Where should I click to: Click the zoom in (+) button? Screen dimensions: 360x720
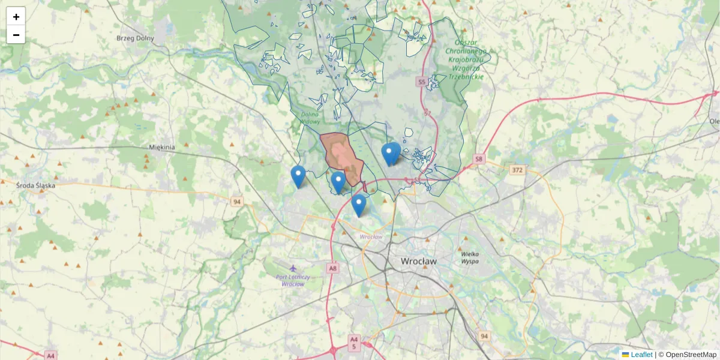coord(16,17)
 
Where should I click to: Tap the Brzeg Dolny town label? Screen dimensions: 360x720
coord(135,38)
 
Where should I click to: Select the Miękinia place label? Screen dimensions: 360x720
coord(161,147)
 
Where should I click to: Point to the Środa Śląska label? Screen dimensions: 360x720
coord(35,185)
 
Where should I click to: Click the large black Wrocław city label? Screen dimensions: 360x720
coord(419,262)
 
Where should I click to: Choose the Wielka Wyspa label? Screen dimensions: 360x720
coord(469,257)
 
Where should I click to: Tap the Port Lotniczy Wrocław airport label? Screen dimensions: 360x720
coord(293,280)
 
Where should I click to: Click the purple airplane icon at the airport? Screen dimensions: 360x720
coord(293,268)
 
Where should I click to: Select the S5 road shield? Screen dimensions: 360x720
coord(422,81)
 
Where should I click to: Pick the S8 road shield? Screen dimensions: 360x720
coord(478,159)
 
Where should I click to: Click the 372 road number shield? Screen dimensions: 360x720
coord(517,170)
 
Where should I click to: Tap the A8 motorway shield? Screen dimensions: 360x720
coord(332,268)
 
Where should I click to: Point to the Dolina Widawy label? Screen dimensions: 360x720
coord(310,118)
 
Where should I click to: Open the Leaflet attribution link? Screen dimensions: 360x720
coord(641,355)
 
